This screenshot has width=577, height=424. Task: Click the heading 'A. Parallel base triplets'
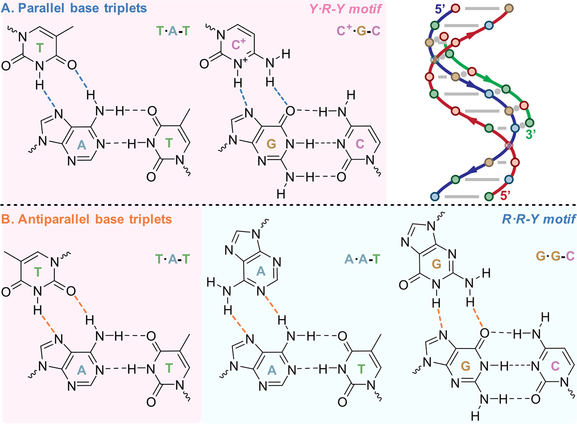(x=74, y=9)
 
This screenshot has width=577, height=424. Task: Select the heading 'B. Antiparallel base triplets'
(x=86, y=220)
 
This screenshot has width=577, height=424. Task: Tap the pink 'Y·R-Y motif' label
(x=346, y=9)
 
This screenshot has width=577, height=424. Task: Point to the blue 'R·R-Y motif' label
(x=539, y=219)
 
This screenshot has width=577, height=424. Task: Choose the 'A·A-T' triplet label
(x=362, y=259)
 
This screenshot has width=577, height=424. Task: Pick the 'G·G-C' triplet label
(x=555, y=256)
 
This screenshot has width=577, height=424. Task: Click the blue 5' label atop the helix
(x=440, y=9)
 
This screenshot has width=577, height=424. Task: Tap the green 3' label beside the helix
(x=531, y=134)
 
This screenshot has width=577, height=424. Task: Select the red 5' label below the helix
(x=505, y=195)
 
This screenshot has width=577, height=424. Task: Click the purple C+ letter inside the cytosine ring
(x=238, y=44)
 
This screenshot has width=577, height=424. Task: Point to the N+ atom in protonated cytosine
(x=240, y=64)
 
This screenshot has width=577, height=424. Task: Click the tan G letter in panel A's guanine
(x=271, y=144)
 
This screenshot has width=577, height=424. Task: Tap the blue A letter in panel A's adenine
(x=82, y=145)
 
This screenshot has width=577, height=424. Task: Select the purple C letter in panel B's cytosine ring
(x=555, y=366)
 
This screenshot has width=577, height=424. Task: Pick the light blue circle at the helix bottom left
(x=434, y=197)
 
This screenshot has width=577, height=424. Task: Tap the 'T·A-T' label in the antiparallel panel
(x=173, y=259)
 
